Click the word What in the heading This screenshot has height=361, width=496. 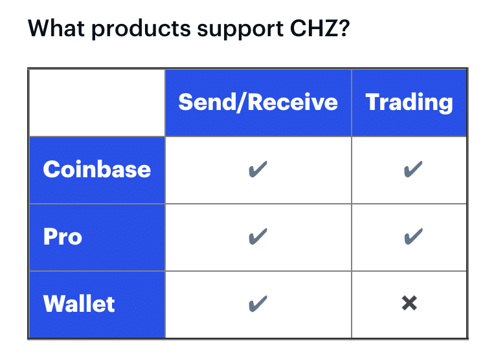56,28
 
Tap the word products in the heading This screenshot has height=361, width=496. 141,30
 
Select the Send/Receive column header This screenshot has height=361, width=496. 258,102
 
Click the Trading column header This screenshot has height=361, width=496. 409,102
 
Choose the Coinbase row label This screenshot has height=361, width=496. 96,170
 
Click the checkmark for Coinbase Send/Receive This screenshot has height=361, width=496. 258,169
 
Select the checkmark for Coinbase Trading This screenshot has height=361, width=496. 413,169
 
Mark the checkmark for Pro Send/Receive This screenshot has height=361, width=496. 258,236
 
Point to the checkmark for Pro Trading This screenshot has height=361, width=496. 413,236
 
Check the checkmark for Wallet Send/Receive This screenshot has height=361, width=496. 258,303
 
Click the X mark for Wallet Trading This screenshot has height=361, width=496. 409,303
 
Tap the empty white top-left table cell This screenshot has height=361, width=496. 97,103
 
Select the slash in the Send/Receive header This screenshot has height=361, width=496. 242,102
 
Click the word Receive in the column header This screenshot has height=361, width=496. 293,102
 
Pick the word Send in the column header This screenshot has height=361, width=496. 207,102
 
